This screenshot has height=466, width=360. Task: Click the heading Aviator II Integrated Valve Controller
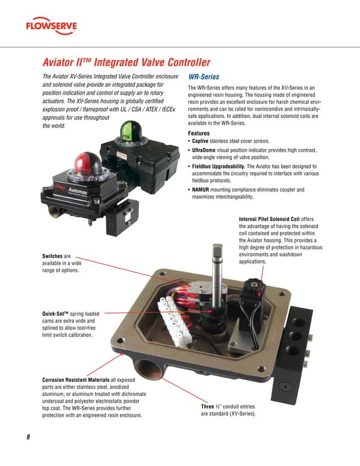[x=126, y=62]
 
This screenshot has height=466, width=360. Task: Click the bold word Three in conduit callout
[x=210, y=406]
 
